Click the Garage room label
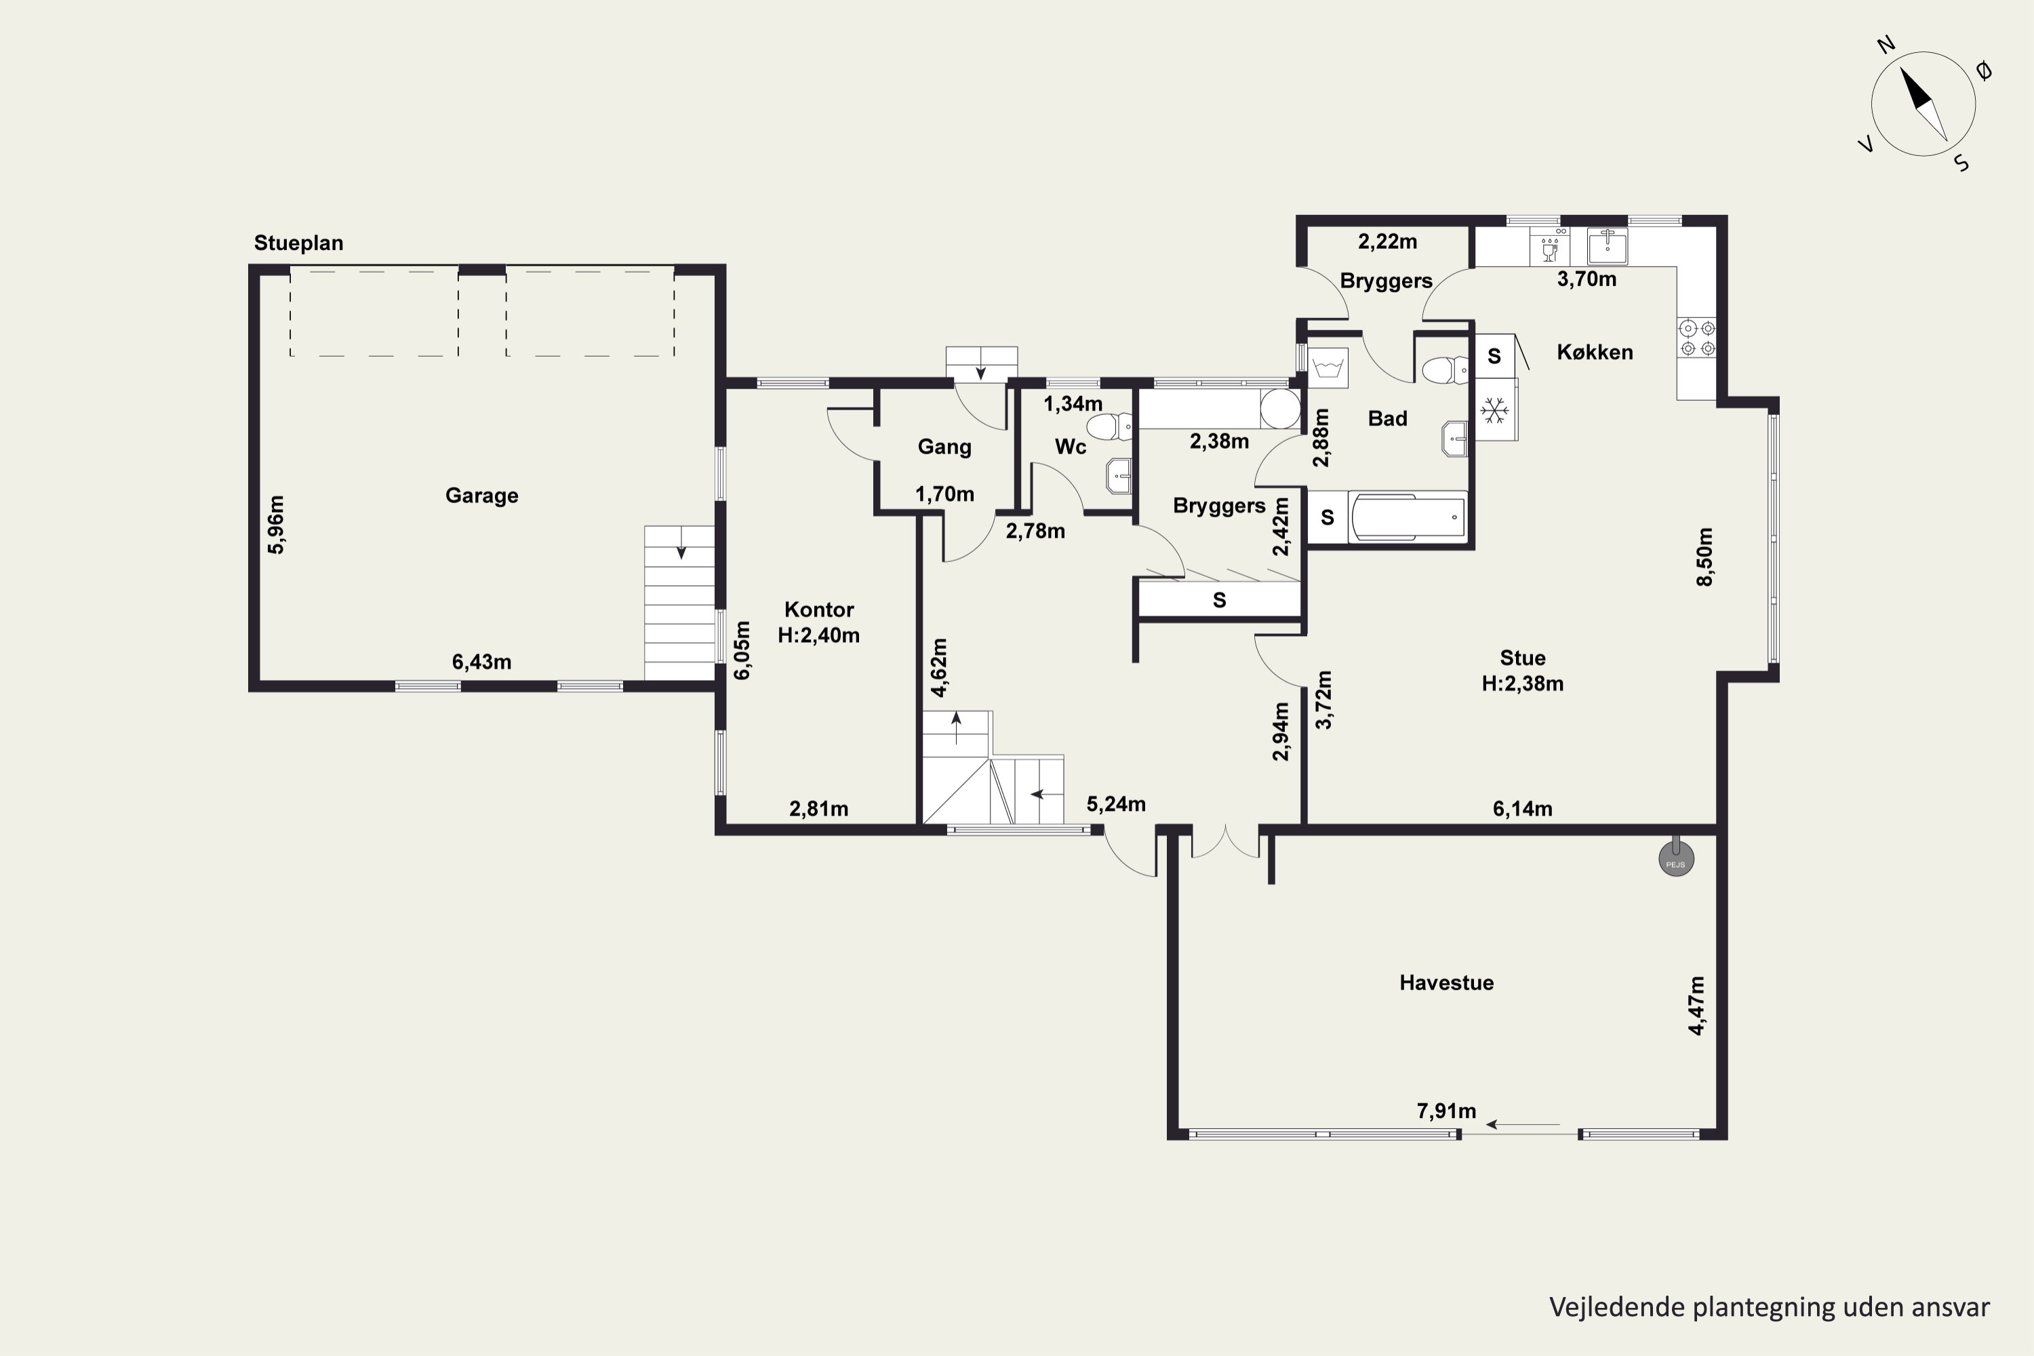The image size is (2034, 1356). point(481,496)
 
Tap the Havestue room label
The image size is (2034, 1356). point(1447,982)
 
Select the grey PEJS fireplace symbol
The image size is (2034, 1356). point(1676,859)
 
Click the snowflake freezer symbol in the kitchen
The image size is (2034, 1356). point(1494,411)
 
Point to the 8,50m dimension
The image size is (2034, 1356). point(1704,557)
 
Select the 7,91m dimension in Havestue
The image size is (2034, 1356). point(1447,1111)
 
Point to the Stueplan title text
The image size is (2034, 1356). point(298,243)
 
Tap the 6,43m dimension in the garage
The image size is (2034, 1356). point(481,662)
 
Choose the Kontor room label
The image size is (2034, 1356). point(819,610)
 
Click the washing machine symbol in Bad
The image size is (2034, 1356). point(1328,368)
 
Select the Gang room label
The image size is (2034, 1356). point(944,447)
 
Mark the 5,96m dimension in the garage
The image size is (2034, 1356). point(276,525)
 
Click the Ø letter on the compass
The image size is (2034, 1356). point(1984,71)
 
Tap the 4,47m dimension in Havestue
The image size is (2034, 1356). point(1697,1005)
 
